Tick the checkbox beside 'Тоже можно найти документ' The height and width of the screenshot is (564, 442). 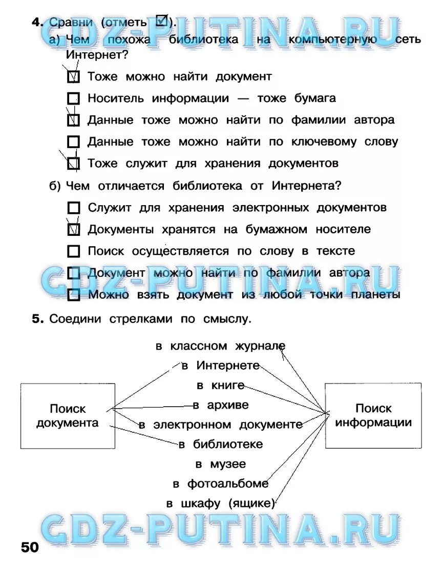[74, 77]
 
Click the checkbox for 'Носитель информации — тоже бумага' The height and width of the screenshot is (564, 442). [74, 98]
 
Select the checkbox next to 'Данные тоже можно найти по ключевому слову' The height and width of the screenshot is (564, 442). [74, 142]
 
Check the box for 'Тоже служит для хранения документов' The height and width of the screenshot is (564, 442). [74, 164]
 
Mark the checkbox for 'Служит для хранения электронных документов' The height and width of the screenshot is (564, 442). [74, 208]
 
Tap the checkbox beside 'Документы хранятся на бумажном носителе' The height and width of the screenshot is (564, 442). [74, 229]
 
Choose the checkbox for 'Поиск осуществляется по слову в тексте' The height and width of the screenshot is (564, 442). [74, 251]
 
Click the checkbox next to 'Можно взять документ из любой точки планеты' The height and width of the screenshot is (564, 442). [74, 295]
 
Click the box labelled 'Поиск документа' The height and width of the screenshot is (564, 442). [68, 416]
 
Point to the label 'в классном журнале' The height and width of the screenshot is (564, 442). [220, 346]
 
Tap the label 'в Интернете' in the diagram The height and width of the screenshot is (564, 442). [221, 366]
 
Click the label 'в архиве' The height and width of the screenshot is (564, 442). [221, 405]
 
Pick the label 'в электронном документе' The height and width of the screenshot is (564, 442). [220, 425]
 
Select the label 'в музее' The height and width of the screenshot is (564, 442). [220, 464]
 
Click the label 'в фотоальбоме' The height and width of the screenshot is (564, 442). [220, 484]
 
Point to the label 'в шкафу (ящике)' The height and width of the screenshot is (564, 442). [220, 503]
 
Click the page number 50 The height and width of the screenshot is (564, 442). [30, 547]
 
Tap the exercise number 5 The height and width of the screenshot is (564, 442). [37, 319]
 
